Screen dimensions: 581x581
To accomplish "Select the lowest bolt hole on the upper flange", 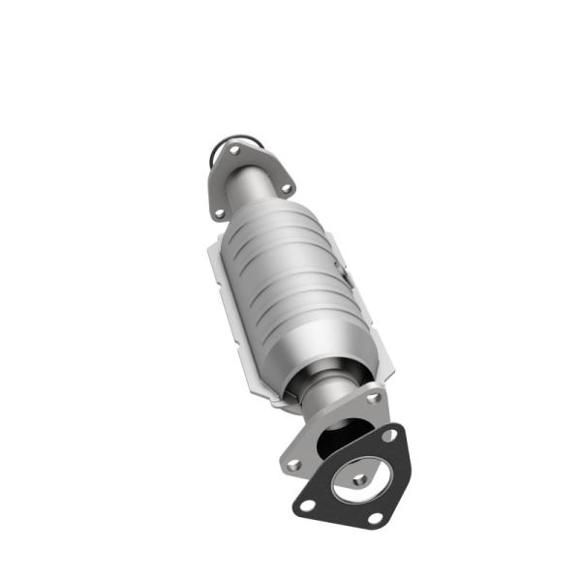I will [x=219, y=212].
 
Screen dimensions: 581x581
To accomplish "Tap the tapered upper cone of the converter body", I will [x=287, y=217].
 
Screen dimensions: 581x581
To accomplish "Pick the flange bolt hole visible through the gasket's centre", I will [x=359, y=478].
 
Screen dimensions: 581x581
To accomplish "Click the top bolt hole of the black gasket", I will [x=389, y=435].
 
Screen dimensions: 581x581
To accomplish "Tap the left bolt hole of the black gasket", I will [x=307, y=505].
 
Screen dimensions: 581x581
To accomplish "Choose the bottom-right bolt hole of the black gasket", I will [x=375, y=519].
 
